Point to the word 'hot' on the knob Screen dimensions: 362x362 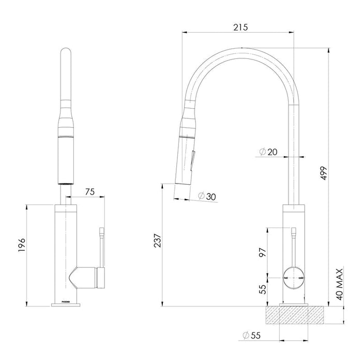286,278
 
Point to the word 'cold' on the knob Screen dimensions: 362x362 300,278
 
